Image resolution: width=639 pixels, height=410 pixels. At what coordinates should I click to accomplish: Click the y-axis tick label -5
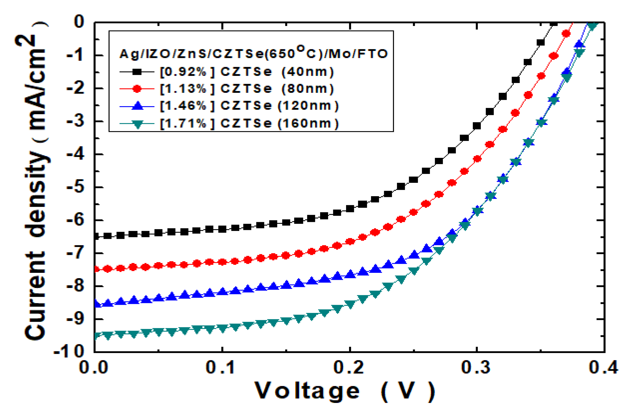tap(75, 187)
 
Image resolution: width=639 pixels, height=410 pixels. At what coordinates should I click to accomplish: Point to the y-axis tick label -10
tap(69, 352)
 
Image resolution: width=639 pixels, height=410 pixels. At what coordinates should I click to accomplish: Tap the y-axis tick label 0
tap(79, 22)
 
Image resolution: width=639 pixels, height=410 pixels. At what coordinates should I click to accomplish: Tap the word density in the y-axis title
tap(36, 194)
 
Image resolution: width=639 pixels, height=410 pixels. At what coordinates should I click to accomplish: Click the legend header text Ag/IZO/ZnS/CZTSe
tap(191, 54)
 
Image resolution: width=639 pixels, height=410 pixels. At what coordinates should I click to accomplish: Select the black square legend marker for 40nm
tap(137, 72)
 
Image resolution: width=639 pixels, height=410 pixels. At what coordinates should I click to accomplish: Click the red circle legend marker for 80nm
tap(137, 89)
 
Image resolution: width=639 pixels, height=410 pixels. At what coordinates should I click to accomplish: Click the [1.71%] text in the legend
tap(183, 123)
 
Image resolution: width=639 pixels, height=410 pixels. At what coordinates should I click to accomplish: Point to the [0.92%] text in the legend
tap(183, 72)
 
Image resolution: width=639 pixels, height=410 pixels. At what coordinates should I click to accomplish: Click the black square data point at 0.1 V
tap(222, 229)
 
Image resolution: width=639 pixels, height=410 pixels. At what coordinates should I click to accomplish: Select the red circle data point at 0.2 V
tap(350, 242)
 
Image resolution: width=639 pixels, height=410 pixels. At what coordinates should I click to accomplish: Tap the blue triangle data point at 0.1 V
tap(222, 291)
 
